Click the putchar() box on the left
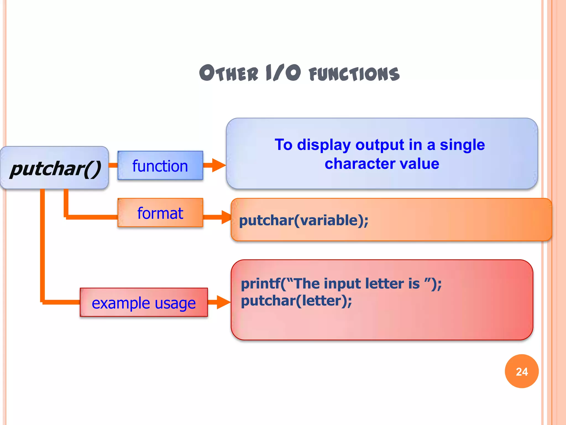coord(54,168)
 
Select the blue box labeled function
coord(160,165)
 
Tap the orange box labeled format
coord(160,213)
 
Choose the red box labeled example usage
coord(143,302)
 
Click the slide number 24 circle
coord(522,371)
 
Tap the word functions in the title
coord(354,74)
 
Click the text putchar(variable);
coord(303,220)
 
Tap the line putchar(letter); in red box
coord(296,301)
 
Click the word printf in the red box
coord(260,284)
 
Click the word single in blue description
coord(462,145)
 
